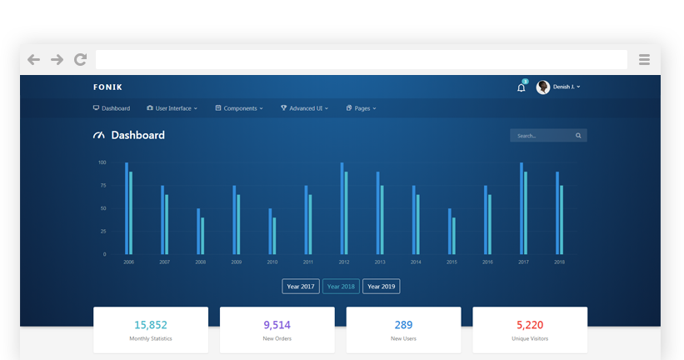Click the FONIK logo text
(x=107, y=87)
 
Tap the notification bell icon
(x=522, y=87)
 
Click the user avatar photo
(x=542, y=87)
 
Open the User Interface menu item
(x=172, y=108)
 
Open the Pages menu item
(x=362, y=108)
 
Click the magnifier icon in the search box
(x=578, y=136)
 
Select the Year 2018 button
(x=341, y=287)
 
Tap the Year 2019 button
(x=382, y=287)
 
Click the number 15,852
(x=151, y=325)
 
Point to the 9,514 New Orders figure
(x=277, y=325)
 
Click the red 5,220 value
(x=530, y=325)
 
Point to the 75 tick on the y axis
(x=103, y=186)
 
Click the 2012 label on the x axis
(x=344, y=262)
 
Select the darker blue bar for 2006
(x=127, y=208)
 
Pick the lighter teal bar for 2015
(x=454, y=236)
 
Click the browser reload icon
(x=80, y=59)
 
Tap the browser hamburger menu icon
(x=644, y=59)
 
